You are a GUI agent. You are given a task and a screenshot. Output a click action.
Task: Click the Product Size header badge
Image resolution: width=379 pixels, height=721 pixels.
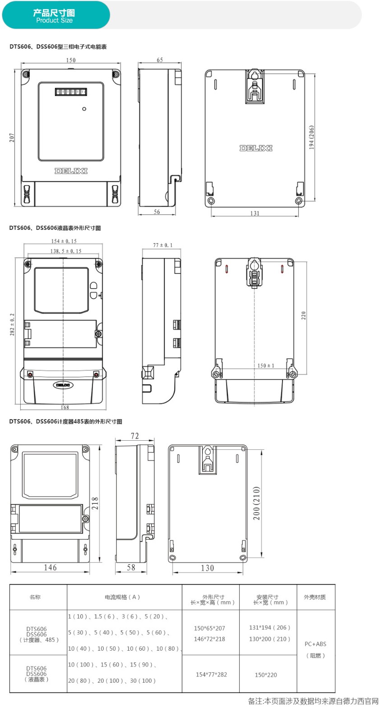coord(56,15)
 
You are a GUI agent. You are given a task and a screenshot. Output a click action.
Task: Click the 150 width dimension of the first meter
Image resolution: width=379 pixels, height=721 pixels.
coord(71,60)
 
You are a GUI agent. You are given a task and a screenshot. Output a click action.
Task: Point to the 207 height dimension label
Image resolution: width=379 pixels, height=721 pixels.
coord(12,138)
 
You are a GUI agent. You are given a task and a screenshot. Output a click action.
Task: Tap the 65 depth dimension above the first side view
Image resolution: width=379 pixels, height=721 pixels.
coord(160,60)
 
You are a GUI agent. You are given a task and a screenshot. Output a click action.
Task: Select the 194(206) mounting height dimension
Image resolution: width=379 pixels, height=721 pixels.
coord(311,137)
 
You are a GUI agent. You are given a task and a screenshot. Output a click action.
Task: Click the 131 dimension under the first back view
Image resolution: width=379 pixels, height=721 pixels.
coord(254,213)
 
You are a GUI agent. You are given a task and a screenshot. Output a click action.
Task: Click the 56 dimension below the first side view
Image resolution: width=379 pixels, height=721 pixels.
coord(157,211)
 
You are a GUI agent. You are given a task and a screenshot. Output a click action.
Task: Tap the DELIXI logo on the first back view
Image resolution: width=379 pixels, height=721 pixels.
coord(256,148)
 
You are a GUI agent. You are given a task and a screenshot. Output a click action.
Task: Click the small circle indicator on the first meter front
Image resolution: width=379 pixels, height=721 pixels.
coord(84,109)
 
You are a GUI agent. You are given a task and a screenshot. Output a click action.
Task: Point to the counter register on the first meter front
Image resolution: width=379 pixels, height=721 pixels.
coord(71,92)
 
